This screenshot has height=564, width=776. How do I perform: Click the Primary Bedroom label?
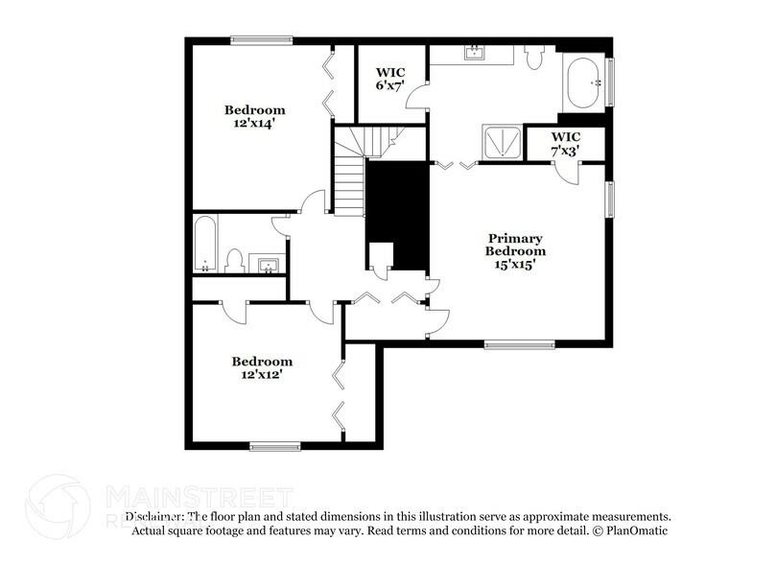515,245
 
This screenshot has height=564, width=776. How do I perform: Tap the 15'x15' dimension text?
515,264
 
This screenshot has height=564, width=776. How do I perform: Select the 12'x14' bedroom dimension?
254,124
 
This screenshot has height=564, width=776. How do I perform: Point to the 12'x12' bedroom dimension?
261,375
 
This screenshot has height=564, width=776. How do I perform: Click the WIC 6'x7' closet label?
388,79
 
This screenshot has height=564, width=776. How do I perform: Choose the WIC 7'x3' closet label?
566,144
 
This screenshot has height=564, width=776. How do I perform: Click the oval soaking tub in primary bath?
581,84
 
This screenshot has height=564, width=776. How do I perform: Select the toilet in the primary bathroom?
536,59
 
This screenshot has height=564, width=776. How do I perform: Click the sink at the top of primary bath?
473,53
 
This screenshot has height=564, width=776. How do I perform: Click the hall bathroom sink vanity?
267,262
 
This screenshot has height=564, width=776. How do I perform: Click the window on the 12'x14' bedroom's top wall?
261,40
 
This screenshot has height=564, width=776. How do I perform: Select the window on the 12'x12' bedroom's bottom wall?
275,445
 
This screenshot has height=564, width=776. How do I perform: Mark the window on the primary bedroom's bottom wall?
519,344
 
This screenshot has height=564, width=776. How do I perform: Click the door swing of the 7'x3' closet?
569,174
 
